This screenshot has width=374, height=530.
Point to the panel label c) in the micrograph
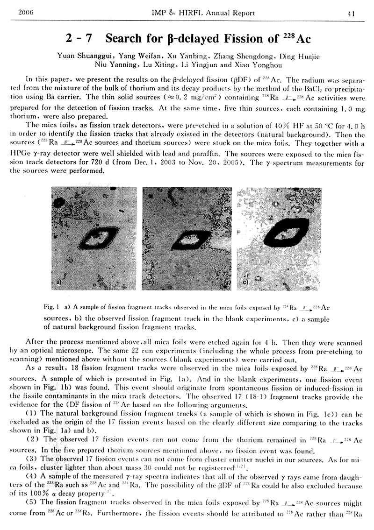click(x=245, y=283)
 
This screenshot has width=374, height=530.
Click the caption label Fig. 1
click(x=50, y=308)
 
